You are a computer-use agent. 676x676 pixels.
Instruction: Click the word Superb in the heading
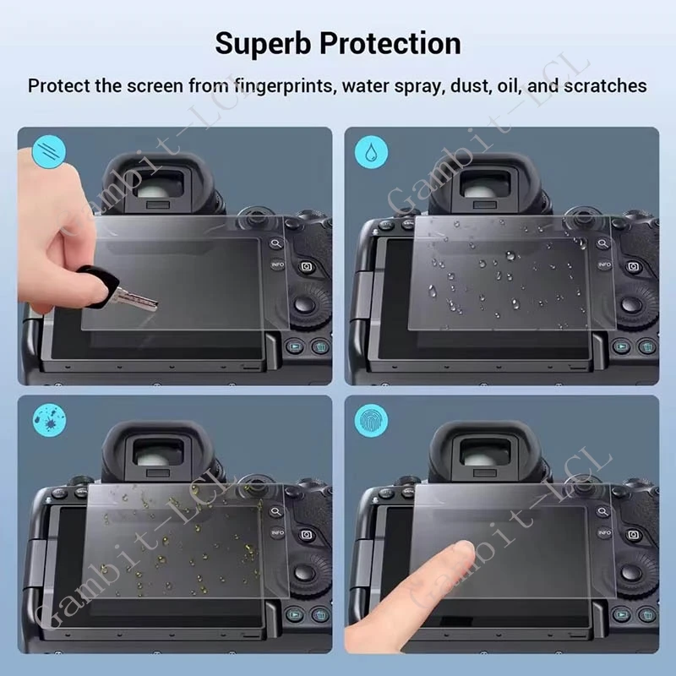coord(263,45)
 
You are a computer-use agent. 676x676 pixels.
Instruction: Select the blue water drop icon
coord(371,152)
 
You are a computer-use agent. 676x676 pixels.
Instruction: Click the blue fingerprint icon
coord(371,420)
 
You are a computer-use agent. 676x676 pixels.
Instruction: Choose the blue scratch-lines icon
coord(49,152)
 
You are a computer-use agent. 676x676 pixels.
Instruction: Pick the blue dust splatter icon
coord(50,420)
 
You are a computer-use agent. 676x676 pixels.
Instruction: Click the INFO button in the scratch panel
coord(278,264)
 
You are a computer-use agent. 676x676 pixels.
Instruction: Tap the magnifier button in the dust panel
coord(276,512)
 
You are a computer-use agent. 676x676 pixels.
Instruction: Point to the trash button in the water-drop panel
coord(646,346)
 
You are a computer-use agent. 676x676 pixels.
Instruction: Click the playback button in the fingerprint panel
coord(621,614)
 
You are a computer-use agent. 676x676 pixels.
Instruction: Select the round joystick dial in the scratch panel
coord(305,303)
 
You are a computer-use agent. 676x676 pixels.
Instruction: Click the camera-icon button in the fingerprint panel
coord(633,535)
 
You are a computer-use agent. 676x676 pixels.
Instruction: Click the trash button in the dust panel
coord(320,614)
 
